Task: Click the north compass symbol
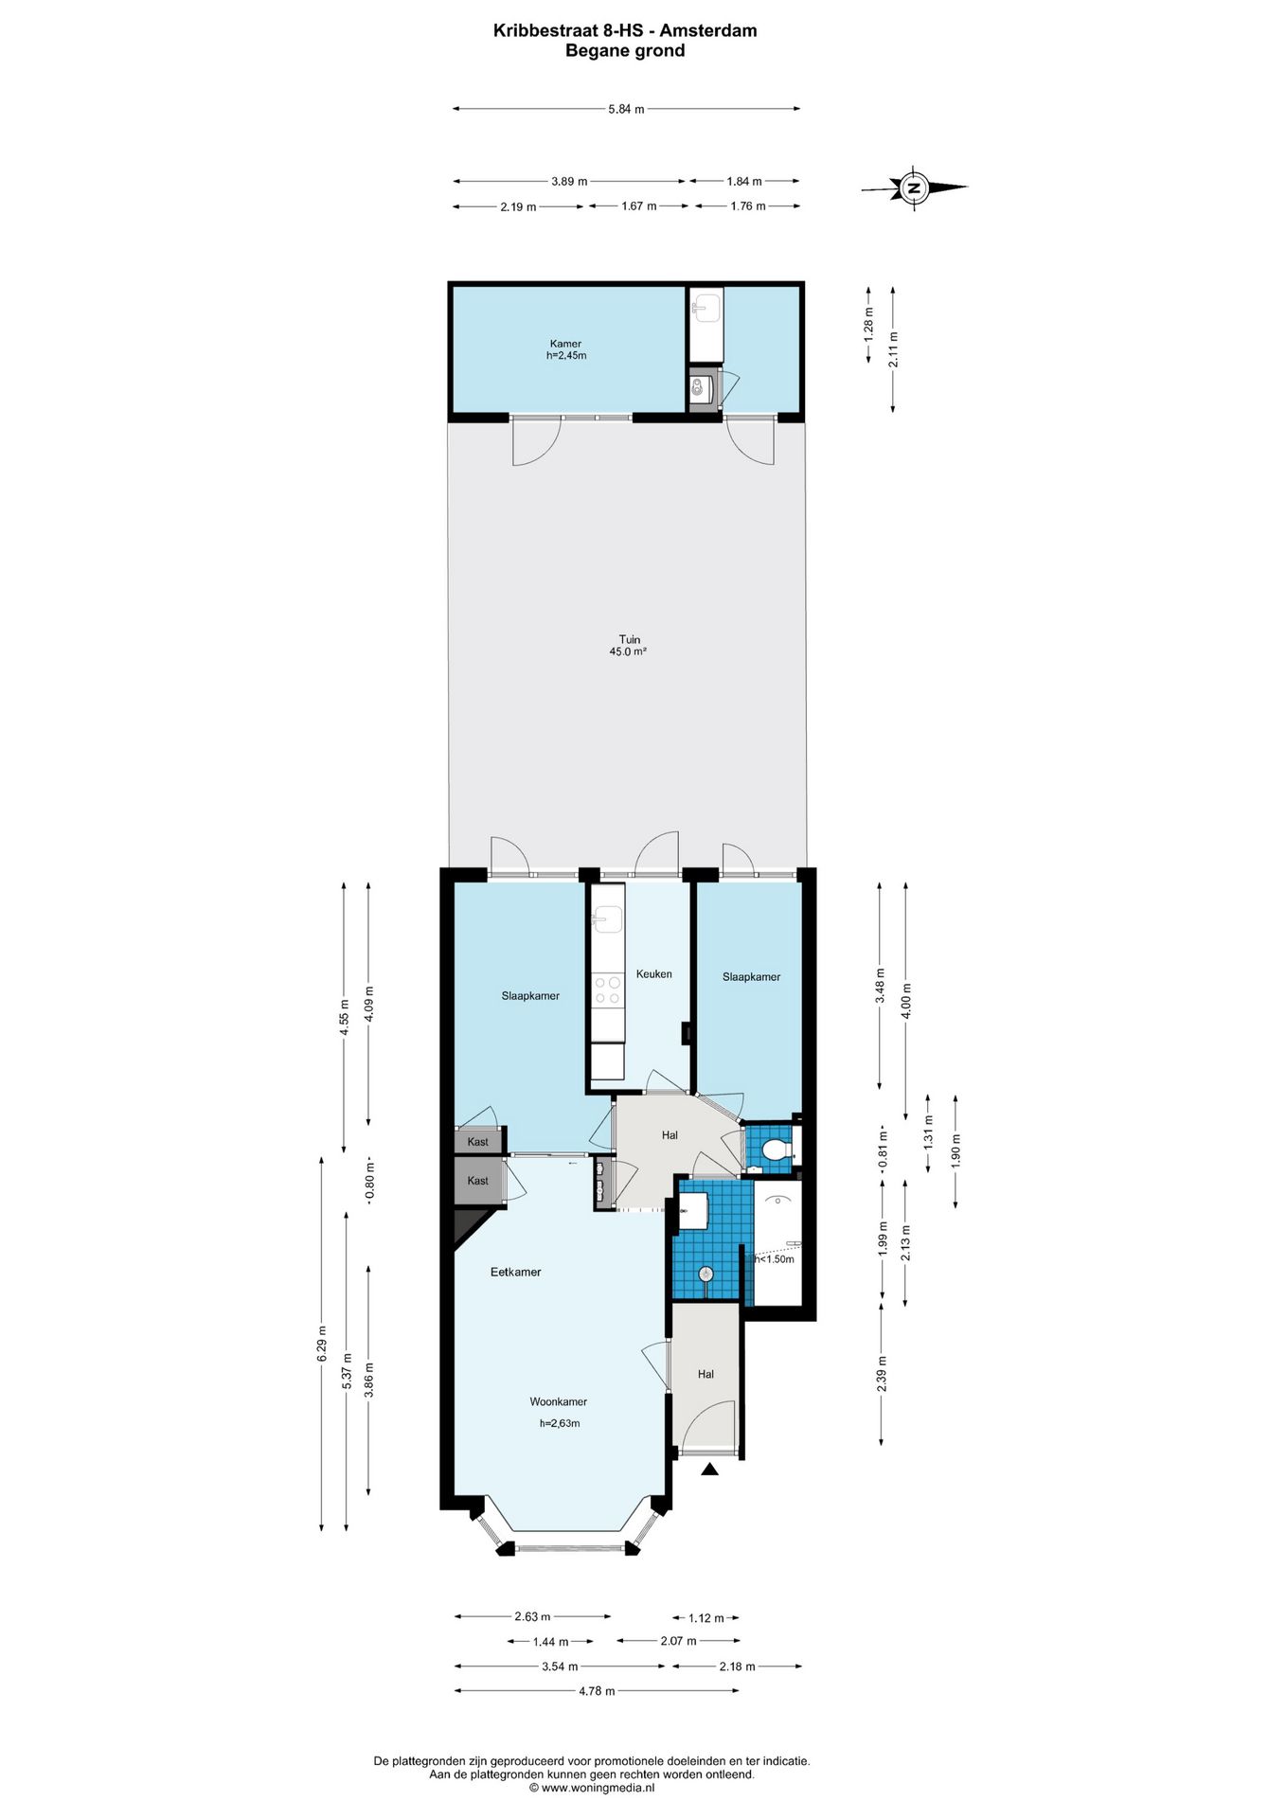click(x=914, y=187)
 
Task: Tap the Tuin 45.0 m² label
click(x=629, y=646)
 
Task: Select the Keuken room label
click(x=654, y=973)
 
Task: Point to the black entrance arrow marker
click(x=709, y=1469)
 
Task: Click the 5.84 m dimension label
click(x=626, y=109)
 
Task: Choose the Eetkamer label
click(x=515, y=1272)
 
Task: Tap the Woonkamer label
click(x=558, y=1401)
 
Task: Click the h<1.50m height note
click(x=774, y=1259)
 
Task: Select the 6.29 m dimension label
click(x=322, y=1344)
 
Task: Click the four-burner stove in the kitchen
click(x=607, y=989)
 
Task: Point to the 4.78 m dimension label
click(x=597, y=1691)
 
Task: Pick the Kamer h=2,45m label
click(x=566, y=349)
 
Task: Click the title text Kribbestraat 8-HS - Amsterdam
click(x=625, y=30)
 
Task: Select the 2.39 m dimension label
click(x=882, y=1373)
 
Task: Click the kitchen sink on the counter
click(x=606, y=918)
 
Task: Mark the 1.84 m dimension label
click(x=744, y=181)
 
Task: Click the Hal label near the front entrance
click(x=706, y=1374)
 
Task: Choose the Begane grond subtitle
click(x=625, y=51)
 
